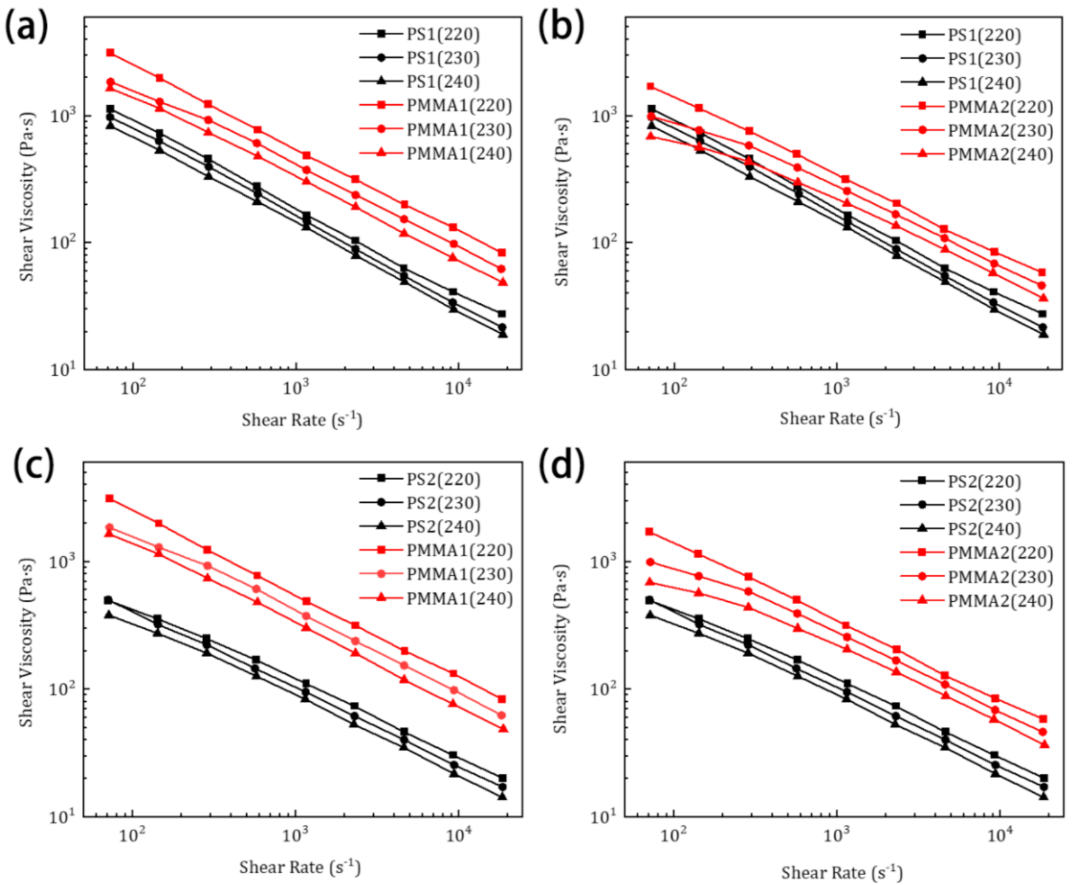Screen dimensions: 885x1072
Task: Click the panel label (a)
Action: (26, 28)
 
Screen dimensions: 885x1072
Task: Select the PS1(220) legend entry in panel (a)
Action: (443, 34)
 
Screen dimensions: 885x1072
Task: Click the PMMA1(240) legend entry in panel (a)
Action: (459, 154)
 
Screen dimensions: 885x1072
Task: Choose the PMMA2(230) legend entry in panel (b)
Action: (1000, 131)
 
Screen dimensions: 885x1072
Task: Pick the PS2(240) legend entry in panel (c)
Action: (443, 527)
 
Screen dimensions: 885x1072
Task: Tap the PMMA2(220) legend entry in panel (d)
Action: (1000, 553)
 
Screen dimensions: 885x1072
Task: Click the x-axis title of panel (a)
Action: (302, 420)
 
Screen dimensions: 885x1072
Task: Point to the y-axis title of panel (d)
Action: (560, 648)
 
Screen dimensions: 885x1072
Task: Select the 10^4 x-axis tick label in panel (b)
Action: (999, 389)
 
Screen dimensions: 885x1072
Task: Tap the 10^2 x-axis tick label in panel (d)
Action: (673, 835)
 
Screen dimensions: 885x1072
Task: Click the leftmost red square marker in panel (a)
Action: (110, 52)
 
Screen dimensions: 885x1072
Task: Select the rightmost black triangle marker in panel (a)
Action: (502, 334)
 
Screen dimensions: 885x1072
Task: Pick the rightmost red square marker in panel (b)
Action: (1042, 272)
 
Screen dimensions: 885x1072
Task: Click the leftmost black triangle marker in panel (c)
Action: (108, 614)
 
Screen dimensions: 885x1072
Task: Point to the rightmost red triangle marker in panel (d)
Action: (1044, 744)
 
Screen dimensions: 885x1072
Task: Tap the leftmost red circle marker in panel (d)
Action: (650, 562)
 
